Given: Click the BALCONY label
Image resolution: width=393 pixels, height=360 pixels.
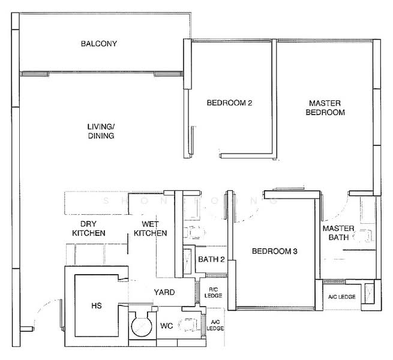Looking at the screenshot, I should [x=99, y=44].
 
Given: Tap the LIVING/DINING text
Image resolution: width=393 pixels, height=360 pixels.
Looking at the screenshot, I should [x=100, y=131].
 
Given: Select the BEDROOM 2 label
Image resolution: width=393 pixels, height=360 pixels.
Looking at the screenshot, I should [x=229, y=103].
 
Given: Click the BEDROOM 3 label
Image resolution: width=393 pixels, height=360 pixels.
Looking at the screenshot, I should [x=274, y=252].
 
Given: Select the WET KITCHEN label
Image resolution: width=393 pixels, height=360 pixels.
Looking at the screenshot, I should [x=150, y=228].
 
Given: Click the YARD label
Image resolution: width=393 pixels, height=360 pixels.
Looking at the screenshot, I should [x=164, y=292].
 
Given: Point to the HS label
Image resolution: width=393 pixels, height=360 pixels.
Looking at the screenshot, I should [x=96, y=306].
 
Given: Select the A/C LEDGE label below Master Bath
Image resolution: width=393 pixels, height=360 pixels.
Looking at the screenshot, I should [x=341, y=297].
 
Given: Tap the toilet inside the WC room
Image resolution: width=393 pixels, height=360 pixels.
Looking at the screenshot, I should [x=191, y=325].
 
